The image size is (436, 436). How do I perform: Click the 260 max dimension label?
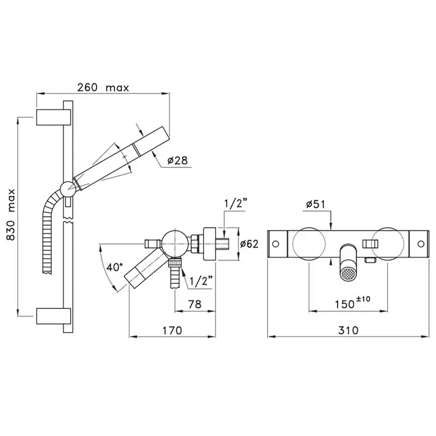click(x=103, y=88)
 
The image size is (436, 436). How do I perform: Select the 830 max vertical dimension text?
click(x=11, y=214)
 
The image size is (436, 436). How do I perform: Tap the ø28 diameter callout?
click(x=178, y=161)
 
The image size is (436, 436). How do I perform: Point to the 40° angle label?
click(x=114, y=267)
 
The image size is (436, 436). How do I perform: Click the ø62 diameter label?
click(x=249, y=244)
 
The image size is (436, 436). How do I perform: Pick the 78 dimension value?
click(x=194, y=304)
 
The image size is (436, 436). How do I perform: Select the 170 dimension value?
click(x=172, y=330)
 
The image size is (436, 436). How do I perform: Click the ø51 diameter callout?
click(x=315, y=204)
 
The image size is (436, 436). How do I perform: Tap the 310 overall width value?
click(x=348, y=330)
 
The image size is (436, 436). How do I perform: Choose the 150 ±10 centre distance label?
click(x=353, y=303)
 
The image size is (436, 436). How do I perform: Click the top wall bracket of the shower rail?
click(x=54, y=117)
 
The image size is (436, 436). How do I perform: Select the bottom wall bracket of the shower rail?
click(x=54, y=316)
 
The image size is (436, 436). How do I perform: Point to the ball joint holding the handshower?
click(x=68, y=189)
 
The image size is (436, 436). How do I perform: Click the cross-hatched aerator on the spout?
click(x=348, y=275)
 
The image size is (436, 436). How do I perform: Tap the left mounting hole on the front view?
click(x=275, y=244)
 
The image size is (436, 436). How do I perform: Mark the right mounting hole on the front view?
click(x=421, y=244)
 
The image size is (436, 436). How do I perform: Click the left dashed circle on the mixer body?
click(x=309, y=244)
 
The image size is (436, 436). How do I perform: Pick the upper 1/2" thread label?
click(x=235, y=204)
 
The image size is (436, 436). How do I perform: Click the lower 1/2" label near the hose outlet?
click(x=201, y=281)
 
